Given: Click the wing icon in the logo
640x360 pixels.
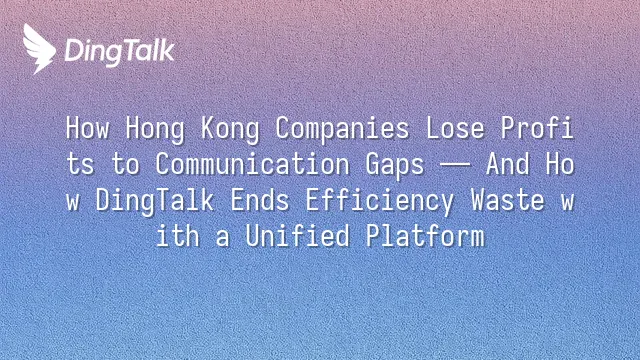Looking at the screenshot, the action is pos(39,49).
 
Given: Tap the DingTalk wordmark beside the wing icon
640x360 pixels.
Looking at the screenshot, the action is pos(120,52).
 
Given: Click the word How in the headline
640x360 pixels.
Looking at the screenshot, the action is pos(88,128).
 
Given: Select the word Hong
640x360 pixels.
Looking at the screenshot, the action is pos(155,130).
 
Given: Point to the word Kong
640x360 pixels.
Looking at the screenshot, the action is pos(230,130).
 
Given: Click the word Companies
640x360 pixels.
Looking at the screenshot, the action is pos(342,130).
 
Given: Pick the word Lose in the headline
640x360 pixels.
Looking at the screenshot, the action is pos(455,128).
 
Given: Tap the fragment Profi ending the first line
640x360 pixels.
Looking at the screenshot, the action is pos(538,128).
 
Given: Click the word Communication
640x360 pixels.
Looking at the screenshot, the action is pos(253,164).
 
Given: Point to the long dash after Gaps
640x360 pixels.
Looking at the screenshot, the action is pos(455,165).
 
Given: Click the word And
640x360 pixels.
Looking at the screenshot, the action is pos(507,164).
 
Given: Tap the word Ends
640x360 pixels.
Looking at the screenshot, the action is pos(260,200).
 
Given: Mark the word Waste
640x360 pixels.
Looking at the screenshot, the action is pos(508,200).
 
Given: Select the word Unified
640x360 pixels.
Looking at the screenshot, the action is pos(298,236).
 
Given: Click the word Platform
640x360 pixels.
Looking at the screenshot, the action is pos(425,236).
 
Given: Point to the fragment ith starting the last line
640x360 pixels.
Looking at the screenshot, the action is pos(178,236).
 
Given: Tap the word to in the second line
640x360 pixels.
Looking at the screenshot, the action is pos(125,164).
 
